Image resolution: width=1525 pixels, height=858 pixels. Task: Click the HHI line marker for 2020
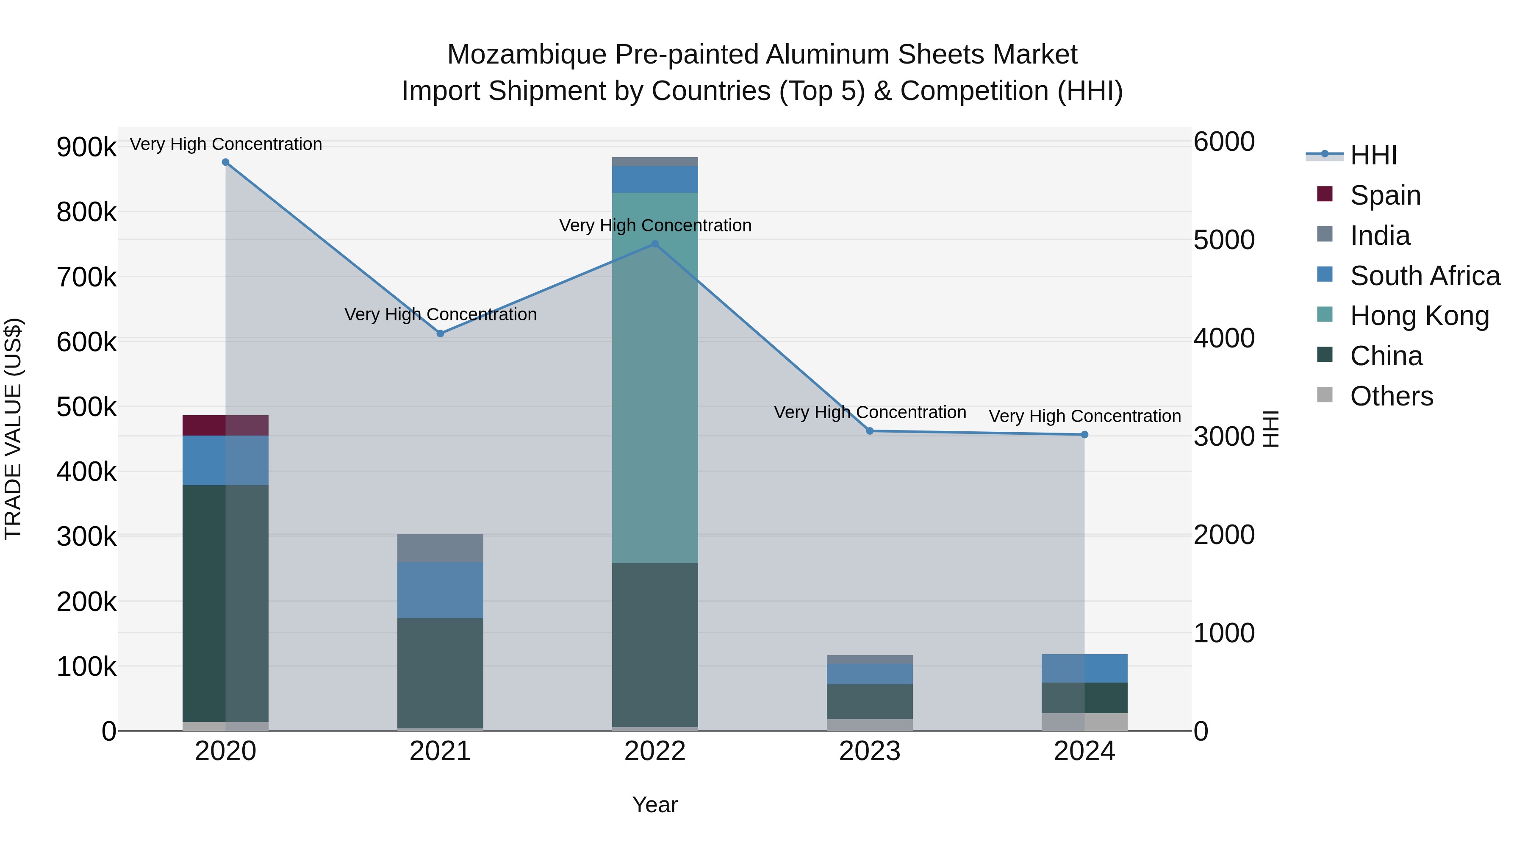coord(225,162)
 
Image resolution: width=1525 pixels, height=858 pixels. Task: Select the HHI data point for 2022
coord(655,243)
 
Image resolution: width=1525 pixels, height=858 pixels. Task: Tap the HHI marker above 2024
coord(1084,435)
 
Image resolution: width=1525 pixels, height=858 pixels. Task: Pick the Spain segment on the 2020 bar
coord(225,425)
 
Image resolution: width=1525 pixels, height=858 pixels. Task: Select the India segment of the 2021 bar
coord(440,548)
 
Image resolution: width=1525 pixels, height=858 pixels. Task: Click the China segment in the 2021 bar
coord(440,673)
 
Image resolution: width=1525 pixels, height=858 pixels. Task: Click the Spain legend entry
coord(1385,195)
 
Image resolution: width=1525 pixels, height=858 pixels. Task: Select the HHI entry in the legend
coord(1373,155)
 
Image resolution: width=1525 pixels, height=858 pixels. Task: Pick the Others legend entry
coord(1391,396)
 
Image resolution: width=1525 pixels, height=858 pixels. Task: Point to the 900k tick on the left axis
coord(86,147)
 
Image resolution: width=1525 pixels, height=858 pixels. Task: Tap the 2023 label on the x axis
coord(870,751)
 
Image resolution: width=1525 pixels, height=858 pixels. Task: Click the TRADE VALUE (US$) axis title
coord(13,429)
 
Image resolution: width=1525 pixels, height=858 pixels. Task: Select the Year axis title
coord(655,805)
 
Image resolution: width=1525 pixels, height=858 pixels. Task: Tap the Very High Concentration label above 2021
coord(441,314)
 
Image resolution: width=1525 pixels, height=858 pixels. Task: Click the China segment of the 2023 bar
coord(870,701)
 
